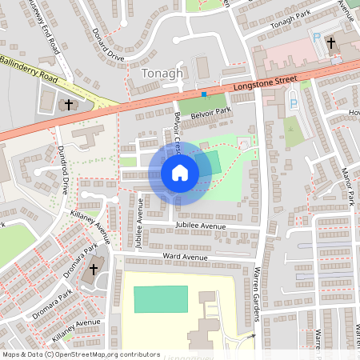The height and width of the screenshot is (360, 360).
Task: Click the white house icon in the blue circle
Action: click(x=179, y=173)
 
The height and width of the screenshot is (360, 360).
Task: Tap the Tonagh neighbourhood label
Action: click(x=162, y=74)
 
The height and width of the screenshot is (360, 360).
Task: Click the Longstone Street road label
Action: click(x=265, y=82)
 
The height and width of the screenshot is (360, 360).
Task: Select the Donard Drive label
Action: click(x=109, y=47)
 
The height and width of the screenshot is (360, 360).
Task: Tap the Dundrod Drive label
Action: click(x=62, y=171)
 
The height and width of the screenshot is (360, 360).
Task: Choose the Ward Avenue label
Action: click(x=185, y=257)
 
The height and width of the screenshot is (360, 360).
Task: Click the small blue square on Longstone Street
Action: click(x=204, y=94)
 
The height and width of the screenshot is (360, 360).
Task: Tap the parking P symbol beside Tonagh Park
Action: click(x=315, y=38)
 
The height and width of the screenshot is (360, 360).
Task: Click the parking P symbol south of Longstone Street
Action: click(x=292, y=103)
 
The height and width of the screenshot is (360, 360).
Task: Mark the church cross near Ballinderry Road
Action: click(x=68, y=104)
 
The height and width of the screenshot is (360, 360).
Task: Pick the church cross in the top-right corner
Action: click(x=336, y=45)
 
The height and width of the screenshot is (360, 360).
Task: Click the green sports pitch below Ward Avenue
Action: click(x=161, y=298)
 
